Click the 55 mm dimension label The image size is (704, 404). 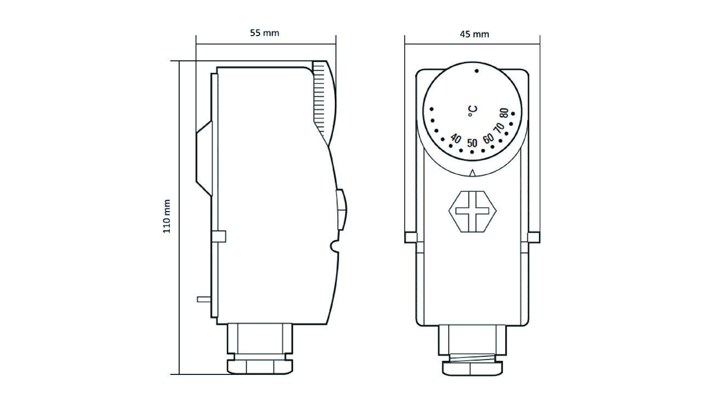pyautogui.click(x=265, y=33)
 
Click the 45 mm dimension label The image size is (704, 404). pyautogui.click(x=474, y=34)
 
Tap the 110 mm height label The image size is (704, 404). pyautogui.click(x=167, y=217)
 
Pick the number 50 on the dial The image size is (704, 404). pyautogui.click(x=472, y=143)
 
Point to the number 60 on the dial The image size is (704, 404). pyautogui.click(x=488, y=137)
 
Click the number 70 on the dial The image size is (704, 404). pyautogui.click(x=499, y=128)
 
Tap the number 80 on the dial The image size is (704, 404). pyautogui.click(x=504, y=115)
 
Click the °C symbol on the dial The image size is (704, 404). pyautogui.click(x=472, y=110)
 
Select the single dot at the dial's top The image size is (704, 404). pyautogui.click(x=476, y=71)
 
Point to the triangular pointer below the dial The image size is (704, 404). pyautogui.click(x=472, y=173)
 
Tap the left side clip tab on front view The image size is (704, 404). pyautogui.click(x=410, y=237)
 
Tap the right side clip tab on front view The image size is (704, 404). pyautogui.click(x=534, y=237)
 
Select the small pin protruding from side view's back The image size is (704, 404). pyautogui.click(x=203, y=299)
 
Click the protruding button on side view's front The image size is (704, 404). pyautogui.click(x=341, y=209)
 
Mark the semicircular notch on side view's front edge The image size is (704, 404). pyautogui.click(x=333, y=247)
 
